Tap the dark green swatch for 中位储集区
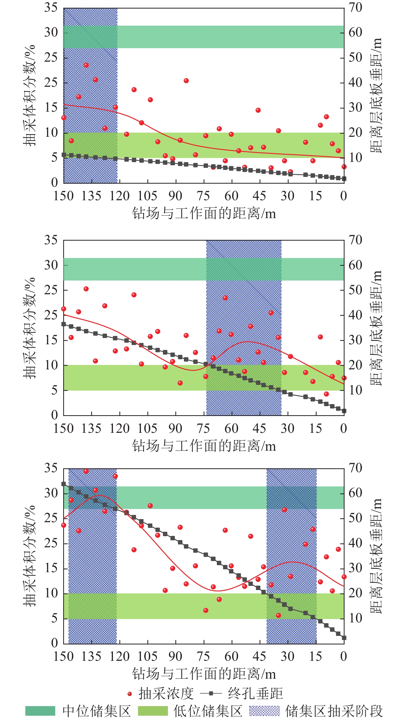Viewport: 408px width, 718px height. (x=40, y=711)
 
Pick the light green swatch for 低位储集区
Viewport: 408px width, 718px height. (x=153, y=711)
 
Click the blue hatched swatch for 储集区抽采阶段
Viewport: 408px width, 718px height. (x=264, y=711)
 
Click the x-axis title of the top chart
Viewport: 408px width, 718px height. (x=204, y=213)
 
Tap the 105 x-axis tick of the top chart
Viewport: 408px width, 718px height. (x=147, y=196)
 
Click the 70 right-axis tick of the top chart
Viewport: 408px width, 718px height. (x=355, y=8)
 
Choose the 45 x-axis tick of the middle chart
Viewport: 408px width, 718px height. (x=259, y=428)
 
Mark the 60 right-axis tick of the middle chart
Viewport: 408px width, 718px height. (x=355, y=265)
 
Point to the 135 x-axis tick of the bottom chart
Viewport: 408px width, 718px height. (x=91, y=656)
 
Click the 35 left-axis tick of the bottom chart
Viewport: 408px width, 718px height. (x=51, y=468)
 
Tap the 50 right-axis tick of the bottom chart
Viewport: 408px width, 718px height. (x=355, y=518)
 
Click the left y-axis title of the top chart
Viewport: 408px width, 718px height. (x=30, y=95)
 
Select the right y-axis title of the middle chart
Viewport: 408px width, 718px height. (x=376, y=328)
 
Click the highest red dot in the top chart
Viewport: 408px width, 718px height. (x=86, y=65)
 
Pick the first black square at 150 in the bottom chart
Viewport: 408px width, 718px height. (x=64, y=484)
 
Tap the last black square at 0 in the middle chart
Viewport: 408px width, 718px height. (x=344, y=411)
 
